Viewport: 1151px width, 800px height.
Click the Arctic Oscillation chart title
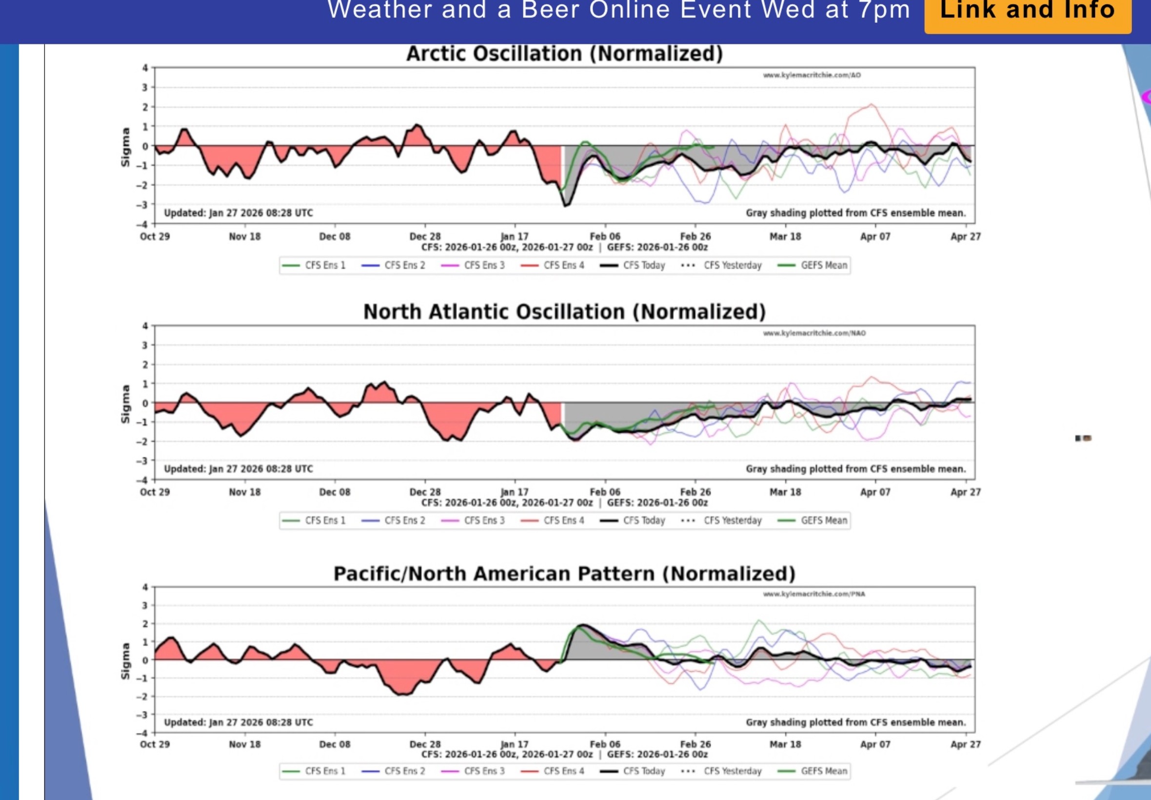[x=564, y=54]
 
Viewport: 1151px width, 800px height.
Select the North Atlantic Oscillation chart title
[x=564, y=312]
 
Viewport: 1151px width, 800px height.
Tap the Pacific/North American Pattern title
[x=564, y=574]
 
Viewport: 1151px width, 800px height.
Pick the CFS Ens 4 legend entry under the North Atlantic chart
[x=553, y=520]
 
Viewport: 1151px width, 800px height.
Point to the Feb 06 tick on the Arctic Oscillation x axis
[x=605, y=236]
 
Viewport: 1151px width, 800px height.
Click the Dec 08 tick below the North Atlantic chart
[x=335, y=492]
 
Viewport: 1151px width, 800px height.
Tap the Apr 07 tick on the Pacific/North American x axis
[x=875, y=744]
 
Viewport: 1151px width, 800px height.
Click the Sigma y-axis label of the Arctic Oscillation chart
[x=125, y=147]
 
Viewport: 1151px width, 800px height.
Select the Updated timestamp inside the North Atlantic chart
[x=238, y=469]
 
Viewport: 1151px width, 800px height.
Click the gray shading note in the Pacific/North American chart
[x=855, y=722]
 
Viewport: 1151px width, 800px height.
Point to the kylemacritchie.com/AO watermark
[x=812, y=75]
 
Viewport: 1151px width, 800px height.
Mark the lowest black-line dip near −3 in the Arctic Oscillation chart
[x=566, y=205]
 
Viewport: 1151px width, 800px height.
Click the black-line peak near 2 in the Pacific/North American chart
[x=582, y=625]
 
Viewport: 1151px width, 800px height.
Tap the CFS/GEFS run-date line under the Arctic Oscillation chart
[x=564, y=247]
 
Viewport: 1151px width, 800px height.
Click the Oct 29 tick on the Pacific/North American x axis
[x=155, y=744]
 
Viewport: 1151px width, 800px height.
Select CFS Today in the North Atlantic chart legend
[x=633, y=520]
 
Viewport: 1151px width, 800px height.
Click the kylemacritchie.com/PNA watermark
[x=814, y=594]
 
